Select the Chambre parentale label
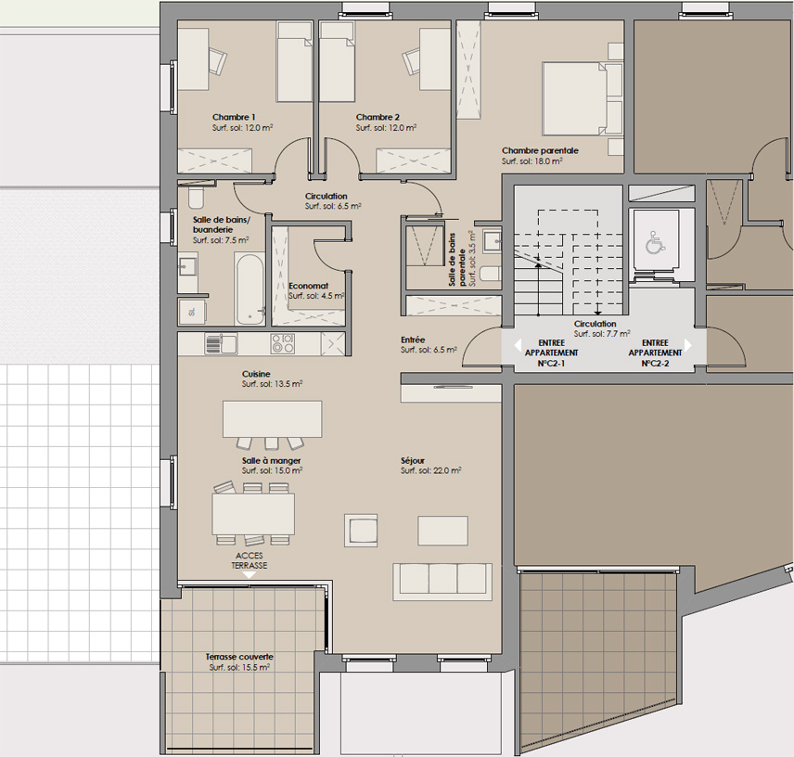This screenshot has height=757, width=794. [x=540, y=151]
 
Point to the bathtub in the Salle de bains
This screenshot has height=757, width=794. [x=250, y=289]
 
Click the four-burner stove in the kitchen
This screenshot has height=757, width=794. [x=283, y=343]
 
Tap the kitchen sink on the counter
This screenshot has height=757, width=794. [x=222, y=343]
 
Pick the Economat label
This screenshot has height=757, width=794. [x=308, y=286]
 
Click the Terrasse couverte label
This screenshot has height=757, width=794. [x=239, y=657]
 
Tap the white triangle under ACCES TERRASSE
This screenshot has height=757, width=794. [x=250, y=575]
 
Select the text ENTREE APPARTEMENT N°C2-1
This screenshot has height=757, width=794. [x=552, y=353]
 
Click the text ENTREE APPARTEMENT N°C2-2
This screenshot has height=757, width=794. [x=655, y=353]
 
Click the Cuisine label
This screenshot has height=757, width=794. [x=256, y=374]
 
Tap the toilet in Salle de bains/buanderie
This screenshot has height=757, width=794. [x=196, y=198]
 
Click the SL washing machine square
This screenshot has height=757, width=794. [x=192, y=312]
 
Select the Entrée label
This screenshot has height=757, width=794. [x=413, y=340]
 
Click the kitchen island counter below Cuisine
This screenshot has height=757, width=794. [x=273, y=418]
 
